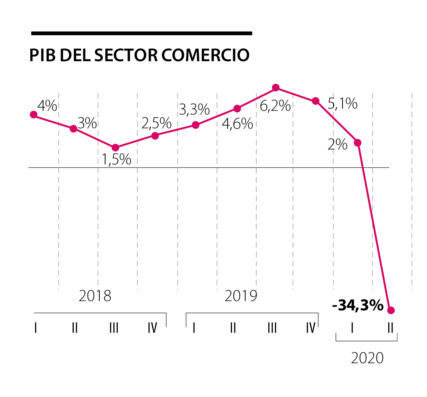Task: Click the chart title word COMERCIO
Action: pos(205,55)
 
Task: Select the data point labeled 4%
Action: pos(34,115)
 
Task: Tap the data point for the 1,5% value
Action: pos(115,148)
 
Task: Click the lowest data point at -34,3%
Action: pos(391,310)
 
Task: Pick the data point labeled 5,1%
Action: pos(316,101)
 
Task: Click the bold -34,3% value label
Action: pos(357,305)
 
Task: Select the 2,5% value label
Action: pos(157,123)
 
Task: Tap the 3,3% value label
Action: pos(194,110)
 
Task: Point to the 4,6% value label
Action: pos(237,124)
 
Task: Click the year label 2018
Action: pos(95,296)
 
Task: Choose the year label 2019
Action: pos(241,296)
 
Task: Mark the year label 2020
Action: pos(367,358)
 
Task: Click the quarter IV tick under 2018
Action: pos(152,328)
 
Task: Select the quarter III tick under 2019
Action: pos(272,328)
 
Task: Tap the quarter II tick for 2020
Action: pos(390,328)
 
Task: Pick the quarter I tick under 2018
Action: pos(36,328)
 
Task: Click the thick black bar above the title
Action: pos(142,33)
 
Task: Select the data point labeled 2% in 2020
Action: pos(358,143)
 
